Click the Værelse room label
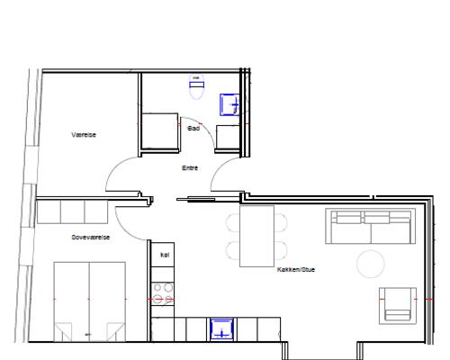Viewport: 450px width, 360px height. (x=84, y=135)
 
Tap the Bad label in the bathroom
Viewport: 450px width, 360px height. (x=193, y=129)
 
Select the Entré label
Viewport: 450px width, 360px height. (x=190, y=168)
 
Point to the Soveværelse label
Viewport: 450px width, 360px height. (x=91, y=238)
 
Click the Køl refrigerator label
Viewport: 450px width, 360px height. (x=165, y=255)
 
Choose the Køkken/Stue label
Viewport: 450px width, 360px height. (x=296, y=269)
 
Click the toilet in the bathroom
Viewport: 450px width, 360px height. (x=196, y=86)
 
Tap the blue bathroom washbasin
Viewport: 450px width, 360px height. (x=229, y=104)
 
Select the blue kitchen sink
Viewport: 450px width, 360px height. (x=221, y=329)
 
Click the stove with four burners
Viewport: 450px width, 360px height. (x=163, y=294)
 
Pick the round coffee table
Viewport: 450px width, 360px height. (x=371, y=264)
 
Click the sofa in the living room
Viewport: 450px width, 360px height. (x=371, y=226)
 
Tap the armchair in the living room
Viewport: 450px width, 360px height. (x=398, y=306)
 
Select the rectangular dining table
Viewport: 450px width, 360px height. (x=256, y=236)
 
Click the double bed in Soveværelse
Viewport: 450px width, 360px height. (x=89, y=301)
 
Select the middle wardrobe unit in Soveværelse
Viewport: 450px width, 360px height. (x=73, y=211)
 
